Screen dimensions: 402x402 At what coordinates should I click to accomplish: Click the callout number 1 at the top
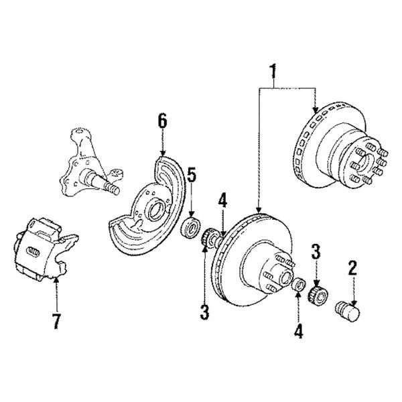pyautogui.click(x=272, y=70)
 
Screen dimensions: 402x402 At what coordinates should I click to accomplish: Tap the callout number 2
pyautogui.click(x=350, y=269)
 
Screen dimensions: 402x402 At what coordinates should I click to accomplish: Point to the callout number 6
pyautogui.click(x=161, y=123)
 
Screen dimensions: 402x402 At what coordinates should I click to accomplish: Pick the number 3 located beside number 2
pyautogui.click(x=316, y=253)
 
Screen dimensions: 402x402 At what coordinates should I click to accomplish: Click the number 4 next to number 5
pyautogui.click(x=222, y=200)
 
